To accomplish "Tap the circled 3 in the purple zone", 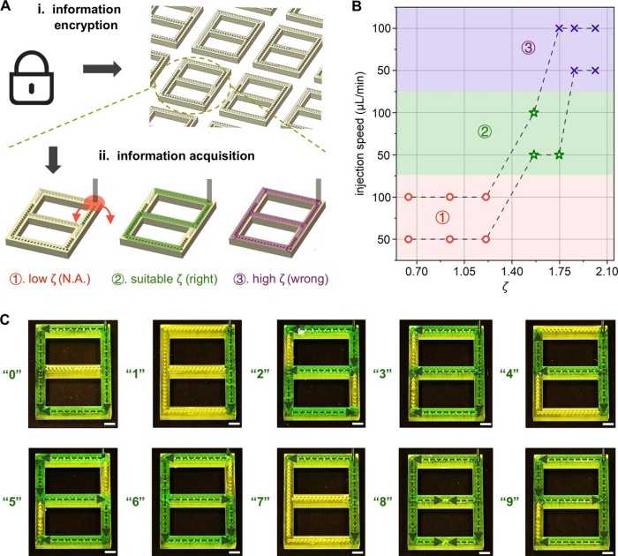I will click(x=528, y=49).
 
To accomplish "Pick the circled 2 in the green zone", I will click(x=485, y=132).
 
